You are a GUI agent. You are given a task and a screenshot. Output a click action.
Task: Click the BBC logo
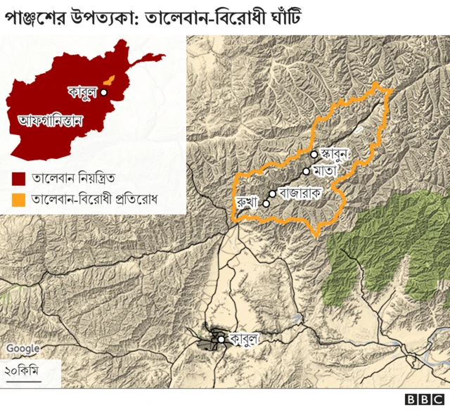tap(423, 399)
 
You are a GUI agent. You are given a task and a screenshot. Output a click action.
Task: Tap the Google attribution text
tap(23, 348)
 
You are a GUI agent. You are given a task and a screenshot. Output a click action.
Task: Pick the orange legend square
tap(19, 200)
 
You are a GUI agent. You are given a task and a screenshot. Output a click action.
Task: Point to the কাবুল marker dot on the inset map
tap(103, 91)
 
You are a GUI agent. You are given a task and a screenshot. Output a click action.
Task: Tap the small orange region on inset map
tap(110, 79)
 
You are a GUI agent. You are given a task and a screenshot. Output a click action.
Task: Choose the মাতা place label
tap(327, 170)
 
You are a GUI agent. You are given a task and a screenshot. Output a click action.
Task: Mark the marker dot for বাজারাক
tap(272, 193)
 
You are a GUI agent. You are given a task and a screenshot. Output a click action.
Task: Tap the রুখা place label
tap(248, 203)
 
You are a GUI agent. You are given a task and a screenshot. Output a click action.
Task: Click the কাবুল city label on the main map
tap(244, 339)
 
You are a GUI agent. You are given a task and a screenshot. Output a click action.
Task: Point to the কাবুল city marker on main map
tap(221, 339)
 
